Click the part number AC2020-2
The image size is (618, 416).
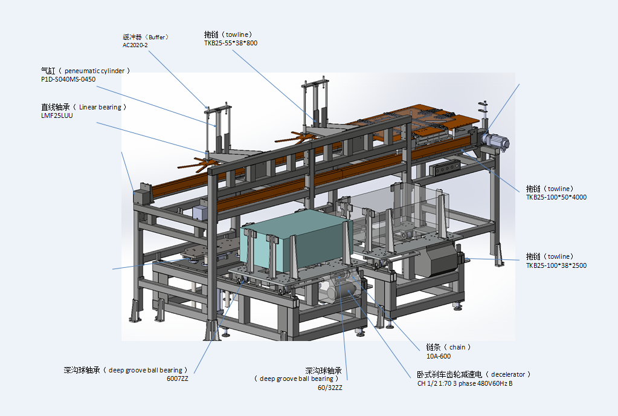click(x=135, y=45)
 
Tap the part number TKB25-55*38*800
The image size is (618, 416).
click(x=231, y=43)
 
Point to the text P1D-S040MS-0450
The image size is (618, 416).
click(x=68, y=79)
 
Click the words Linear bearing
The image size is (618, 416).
click(x=100, y=107)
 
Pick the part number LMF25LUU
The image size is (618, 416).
click(x=57, y=115)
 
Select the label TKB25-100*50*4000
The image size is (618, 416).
click(x=556, y=197)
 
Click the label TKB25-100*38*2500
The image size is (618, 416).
click(x=556, y=265)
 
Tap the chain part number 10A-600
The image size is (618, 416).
click(x=438, y=356)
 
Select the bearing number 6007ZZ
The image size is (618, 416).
click(x=178, y=379)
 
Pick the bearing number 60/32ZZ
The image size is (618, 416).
click(x=330, y=388)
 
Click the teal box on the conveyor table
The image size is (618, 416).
click(x=295, y=241)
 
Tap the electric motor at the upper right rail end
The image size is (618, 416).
click(x=495, y=140)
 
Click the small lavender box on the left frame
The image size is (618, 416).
click(x=200, y=212)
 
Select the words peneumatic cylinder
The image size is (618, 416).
click(x=95, y=71)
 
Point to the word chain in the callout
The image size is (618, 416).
click(x=457, y=348)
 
